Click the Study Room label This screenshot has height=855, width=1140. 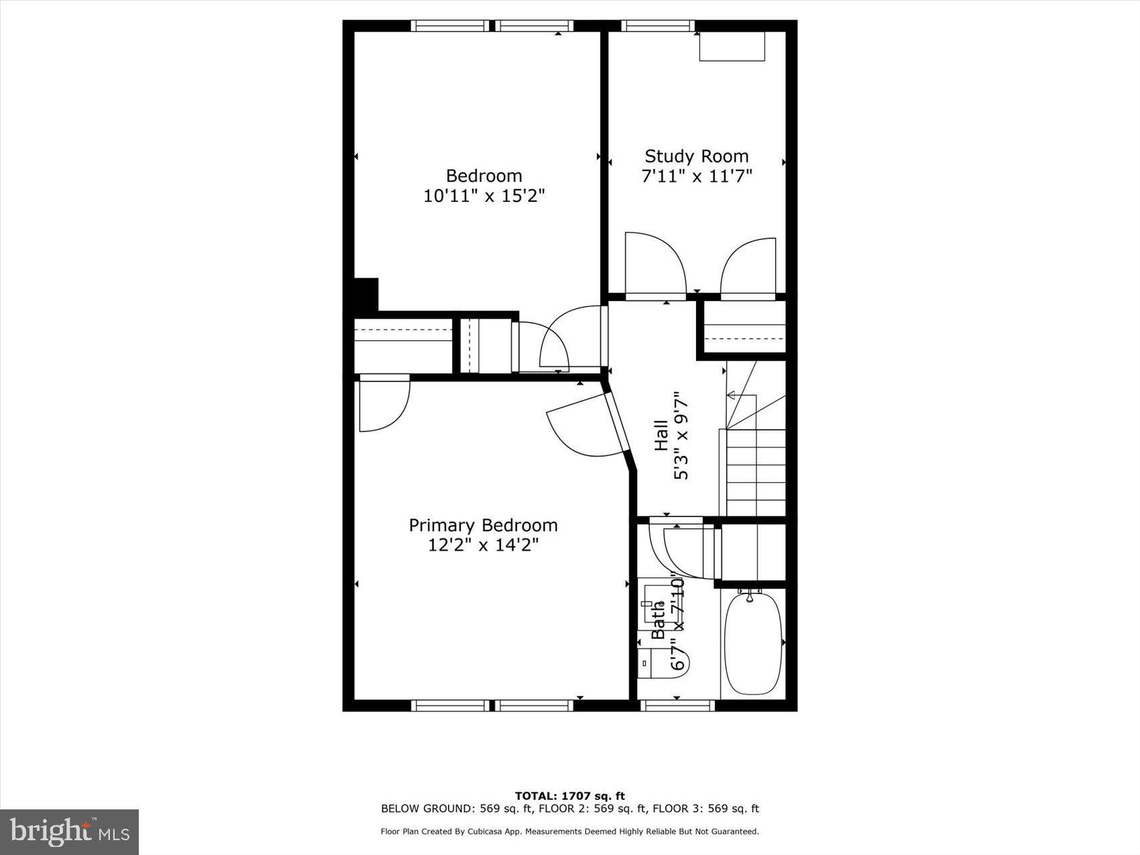pos(696,156)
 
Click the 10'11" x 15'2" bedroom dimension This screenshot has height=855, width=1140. pos(483,196)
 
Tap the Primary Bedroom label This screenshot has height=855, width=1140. pos(483,525)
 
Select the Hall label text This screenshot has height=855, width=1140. pos(661,435)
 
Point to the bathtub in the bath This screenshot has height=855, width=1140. pos(752,643)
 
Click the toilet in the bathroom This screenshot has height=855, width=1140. pos(664,663)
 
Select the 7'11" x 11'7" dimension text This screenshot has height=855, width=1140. pos(696,176)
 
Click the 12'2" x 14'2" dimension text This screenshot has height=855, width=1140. pos(483,545)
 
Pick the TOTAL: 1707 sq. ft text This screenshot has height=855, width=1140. pos(569,796)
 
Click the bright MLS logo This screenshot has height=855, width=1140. pos(70,832)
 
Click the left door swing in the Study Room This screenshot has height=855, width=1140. pos(654,264)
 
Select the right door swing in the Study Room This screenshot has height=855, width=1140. pos(750,268)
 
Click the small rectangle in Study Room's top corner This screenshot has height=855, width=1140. pos(732,46)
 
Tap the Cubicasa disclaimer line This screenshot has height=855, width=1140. pos(569,832)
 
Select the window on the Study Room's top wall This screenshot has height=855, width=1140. pos(657,25)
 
